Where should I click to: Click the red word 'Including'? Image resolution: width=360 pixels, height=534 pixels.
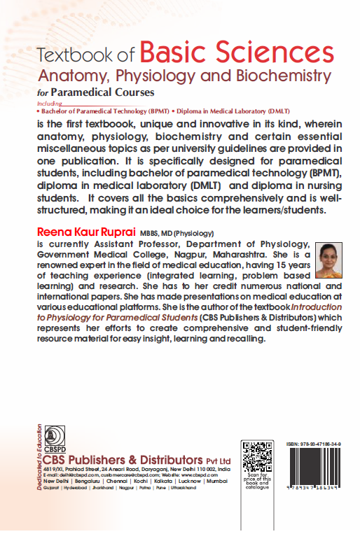pyautogui.click(x=48, y=103)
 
